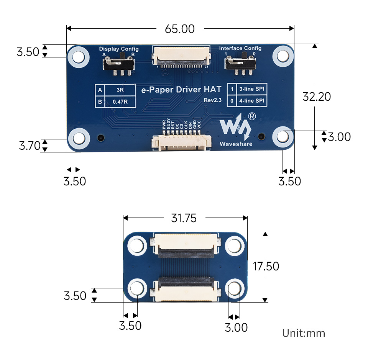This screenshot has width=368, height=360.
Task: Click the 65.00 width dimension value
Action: coord(180,29)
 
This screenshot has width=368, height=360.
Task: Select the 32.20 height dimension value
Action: coord(317,97)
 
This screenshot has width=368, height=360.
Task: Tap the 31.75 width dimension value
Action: coord(184,218)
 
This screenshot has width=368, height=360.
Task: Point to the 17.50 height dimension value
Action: coord(266,266)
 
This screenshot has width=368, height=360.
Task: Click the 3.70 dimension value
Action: coord(30,146)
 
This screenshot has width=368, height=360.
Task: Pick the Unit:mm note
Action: coord(304,333)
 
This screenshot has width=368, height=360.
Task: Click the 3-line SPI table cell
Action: coord(251,89)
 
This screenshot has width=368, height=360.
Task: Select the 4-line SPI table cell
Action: coord(251,101)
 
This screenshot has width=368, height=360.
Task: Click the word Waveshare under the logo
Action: coord(236,144)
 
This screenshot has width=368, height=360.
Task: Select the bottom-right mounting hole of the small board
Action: coord(234,288)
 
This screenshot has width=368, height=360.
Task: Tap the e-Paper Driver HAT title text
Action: coord(181,90)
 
